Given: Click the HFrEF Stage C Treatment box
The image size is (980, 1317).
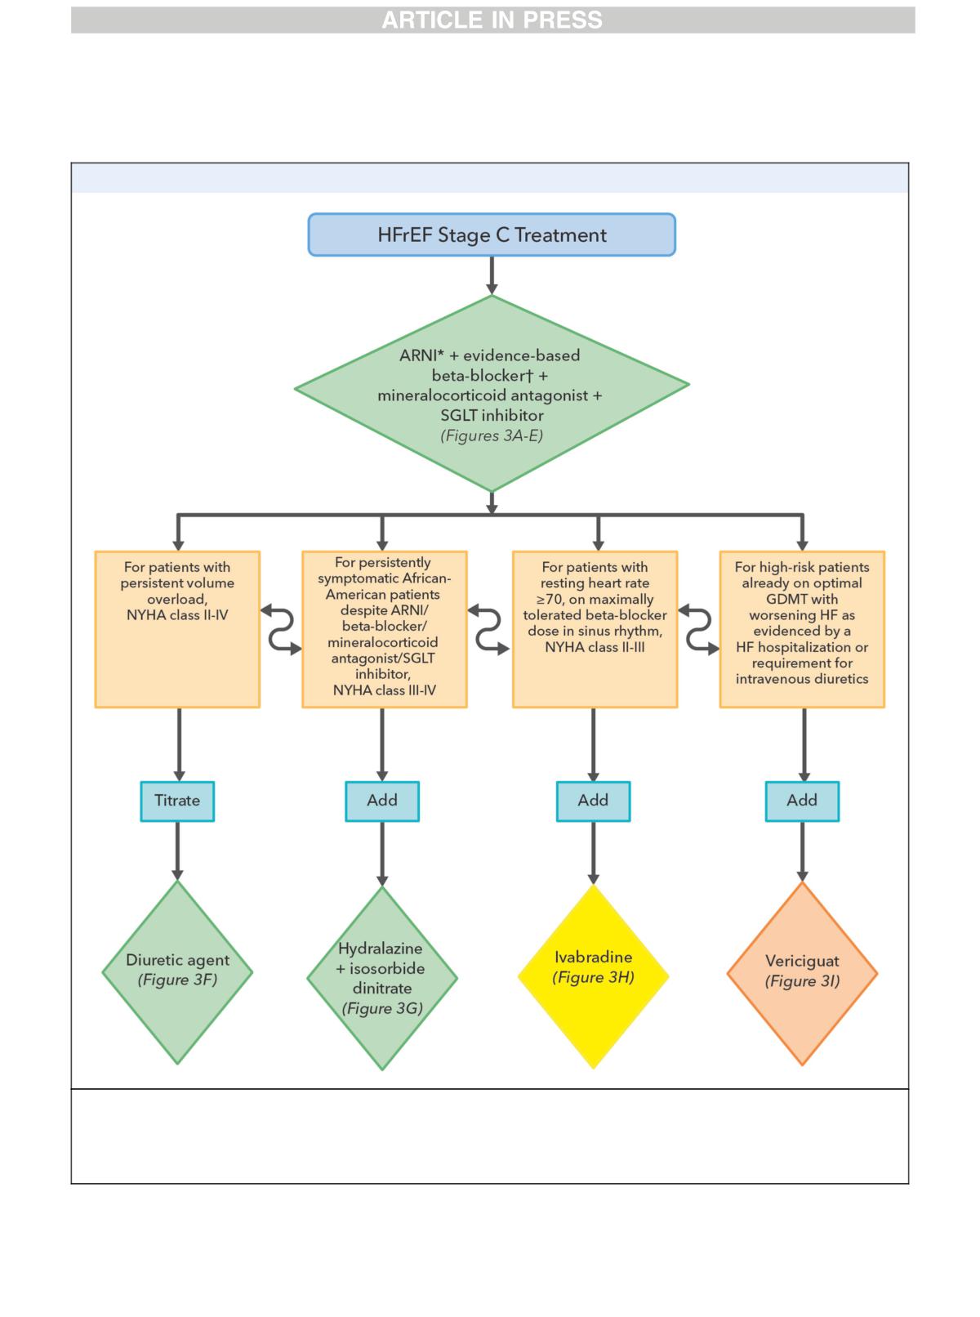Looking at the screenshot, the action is [492, 234].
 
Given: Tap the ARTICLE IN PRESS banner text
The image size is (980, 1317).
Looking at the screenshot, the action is [492, 20].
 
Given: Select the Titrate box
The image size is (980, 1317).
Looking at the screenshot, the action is [177, 801].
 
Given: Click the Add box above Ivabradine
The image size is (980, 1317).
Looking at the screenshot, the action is [593, 801].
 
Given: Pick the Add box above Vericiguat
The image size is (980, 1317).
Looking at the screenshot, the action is [802, 801].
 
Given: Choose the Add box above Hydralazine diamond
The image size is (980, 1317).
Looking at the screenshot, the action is [382, 801].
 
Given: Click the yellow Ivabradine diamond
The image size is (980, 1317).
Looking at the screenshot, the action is [593, 976].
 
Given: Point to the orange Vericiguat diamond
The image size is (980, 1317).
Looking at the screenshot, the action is [802, 973].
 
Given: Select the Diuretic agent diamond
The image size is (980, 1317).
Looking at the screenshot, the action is [177, 972].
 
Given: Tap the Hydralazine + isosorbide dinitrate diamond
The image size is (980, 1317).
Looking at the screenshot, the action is [382, 978].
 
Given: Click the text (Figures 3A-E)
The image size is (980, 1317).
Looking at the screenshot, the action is [492, 435].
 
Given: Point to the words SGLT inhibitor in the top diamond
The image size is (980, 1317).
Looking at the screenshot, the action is [492, 415].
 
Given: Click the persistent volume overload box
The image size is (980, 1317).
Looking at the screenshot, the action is [177, 629].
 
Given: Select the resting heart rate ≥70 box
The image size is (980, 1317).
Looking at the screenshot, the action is [595, 629].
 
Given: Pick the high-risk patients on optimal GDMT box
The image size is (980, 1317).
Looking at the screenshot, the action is [802, 629].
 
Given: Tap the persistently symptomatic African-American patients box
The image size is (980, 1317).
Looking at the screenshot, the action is [385, 629].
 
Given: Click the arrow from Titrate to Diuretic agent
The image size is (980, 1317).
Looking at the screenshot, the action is [177, 850].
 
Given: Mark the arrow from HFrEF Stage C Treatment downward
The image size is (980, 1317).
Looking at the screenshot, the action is [492, 275].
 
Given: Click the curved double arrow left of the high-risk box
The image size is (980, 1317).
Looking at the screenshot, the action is [698, 629].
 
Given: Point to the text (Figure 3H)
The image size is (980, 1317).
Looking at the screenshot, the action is [593, 977].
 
